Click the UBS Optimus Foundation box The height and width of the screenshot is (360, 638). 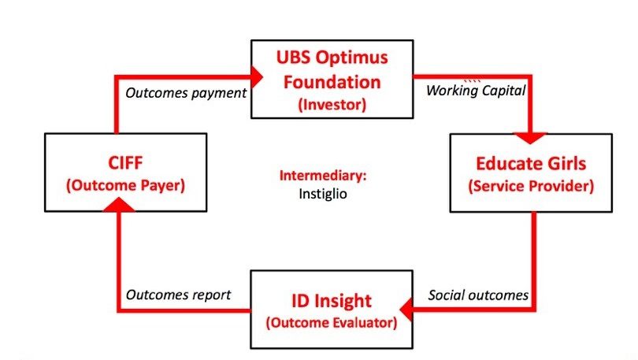tap(332, 80)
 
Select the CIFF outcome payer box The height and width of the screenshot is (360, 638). tap(126, 173)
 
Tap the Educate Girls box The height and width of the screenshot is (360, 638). tap(531, 173)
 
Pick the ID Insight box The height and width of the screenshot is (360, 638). tap(332, 310)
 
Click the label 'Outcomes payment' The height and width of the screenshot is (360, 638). tap(186, 93)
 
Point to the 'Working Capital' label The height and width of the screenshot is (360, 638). tap(476, 91)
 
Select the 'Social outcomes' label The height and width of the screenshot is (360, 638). tap(478, 295)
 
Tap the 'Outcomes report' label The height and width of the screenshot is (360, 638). tap(178, 295)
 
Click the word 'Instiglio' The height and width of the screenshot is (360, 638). tap(323, 194)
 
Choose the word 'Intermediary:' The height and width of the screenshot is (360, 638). tap(323, 176)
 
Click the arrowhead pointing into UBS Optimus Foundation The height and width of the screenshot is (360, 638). tap(257, 76)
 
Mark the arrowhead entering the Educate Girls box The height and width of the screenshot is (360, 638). tap(530, 138)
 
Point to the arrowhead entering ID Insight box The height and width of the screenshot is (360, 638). tap(406, 310)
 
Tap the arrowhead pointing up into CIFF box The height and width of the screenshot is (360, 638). tap(118, 205)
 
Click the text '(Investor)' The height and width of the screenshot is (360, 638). tap(332, 105)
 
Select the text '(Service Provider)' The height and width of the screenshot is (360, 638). tap(531, 186)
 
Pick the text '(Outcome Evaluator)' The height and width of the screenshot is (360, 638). tap(332, 322)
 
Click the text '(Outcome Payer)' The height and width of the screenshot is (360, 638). tap(126, 185)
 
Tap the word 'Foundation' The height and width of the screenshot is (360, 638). tap(332, 82)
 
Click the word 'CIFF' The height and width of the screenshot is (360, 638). tap(125, 163)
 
